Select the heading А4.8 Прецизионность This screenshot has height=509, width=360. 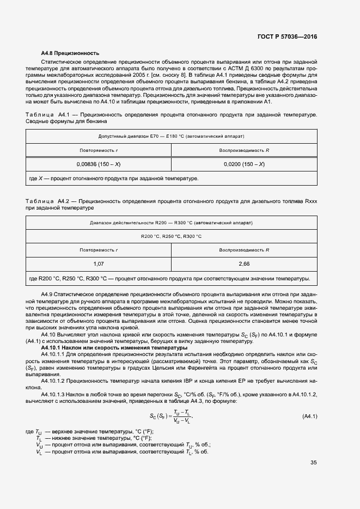click(70, 53)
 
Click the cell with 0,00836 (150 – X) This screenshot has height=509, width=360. click(99, 164)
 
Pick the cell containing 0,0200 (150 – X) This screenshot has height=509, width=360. click(244, 164)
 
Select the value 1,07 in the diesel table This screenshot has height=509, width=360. click(99, 263)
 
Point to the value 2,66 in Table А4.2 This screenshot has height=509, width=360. click(244, 263)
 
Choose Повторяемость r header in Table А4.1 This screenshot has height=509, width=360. click(99, 149)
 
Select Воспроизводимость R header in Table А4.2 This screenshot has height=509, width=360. click(244, 250)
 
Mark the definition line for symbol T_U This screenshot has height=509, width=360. click(98, 431)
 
